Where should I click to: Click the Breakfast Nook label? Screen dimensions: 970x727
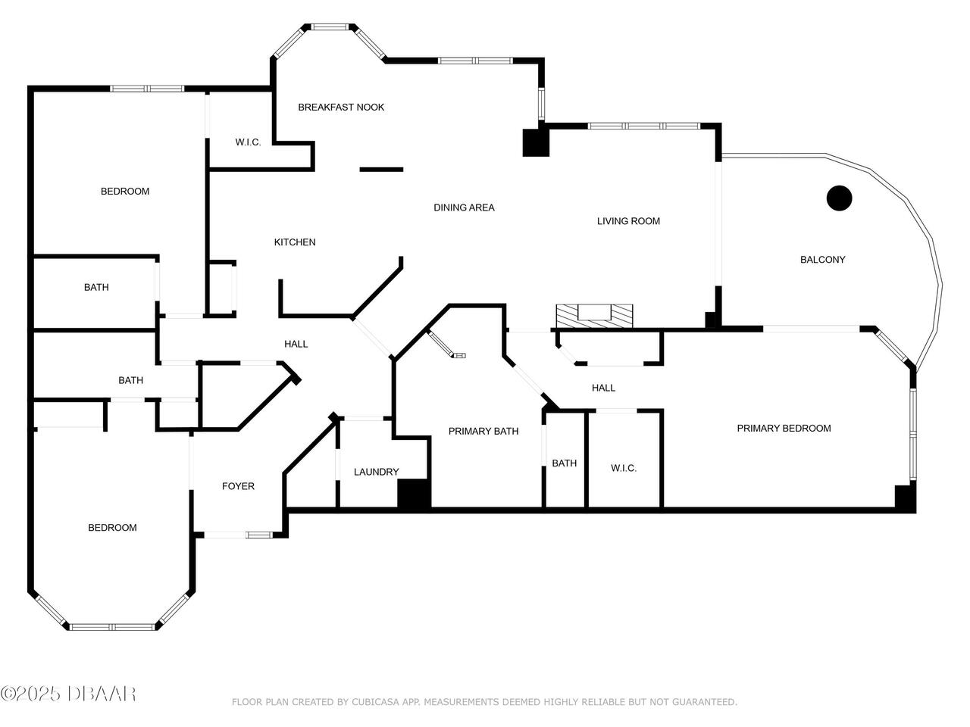click(341, 108)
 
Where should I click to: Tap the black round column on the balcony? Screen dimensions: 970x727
click(839, 198)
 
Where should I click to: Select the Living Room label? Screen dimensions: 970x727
click(628, 221)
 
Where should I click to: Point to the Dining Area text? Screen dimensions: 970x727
click(464, 207)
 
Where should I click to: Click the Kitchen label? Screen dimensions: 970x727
click(294, 242)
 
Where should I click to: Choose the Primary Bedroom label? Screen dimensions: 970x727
click(784, 428)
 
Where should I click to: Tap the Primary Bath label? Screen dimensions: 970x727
click(483, 431)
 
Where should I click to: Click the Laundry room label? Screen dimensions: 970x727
click(376, 472)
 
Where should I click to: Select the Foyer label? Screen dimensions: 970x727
click(238, 486)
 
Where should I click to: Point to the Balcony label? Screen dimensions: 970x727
click(822, 260)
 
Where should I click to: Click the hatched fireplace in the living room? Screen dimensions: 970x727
click(594, 316)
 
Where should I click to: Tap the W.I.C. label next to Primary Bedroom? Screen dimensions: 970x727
click(624, 468)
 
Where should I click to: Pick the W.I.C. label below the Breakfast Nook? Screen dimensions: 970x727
click(248, 142)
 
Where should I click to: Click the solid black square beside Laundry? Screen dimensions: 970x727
click(414, 495)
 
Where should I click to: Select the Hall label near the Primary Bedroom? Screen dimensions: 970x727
click(603, 388)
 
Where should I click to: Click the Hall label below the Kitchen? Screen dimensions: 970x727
click(296, 345)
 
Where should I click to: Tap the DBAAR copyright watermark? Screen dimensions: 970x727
click(68, 694)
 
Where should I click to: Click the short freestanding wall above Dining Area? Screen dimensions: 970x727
click(381, 170)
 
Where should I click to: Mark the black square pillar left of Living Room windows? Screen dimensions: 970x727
click(536, 142)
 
